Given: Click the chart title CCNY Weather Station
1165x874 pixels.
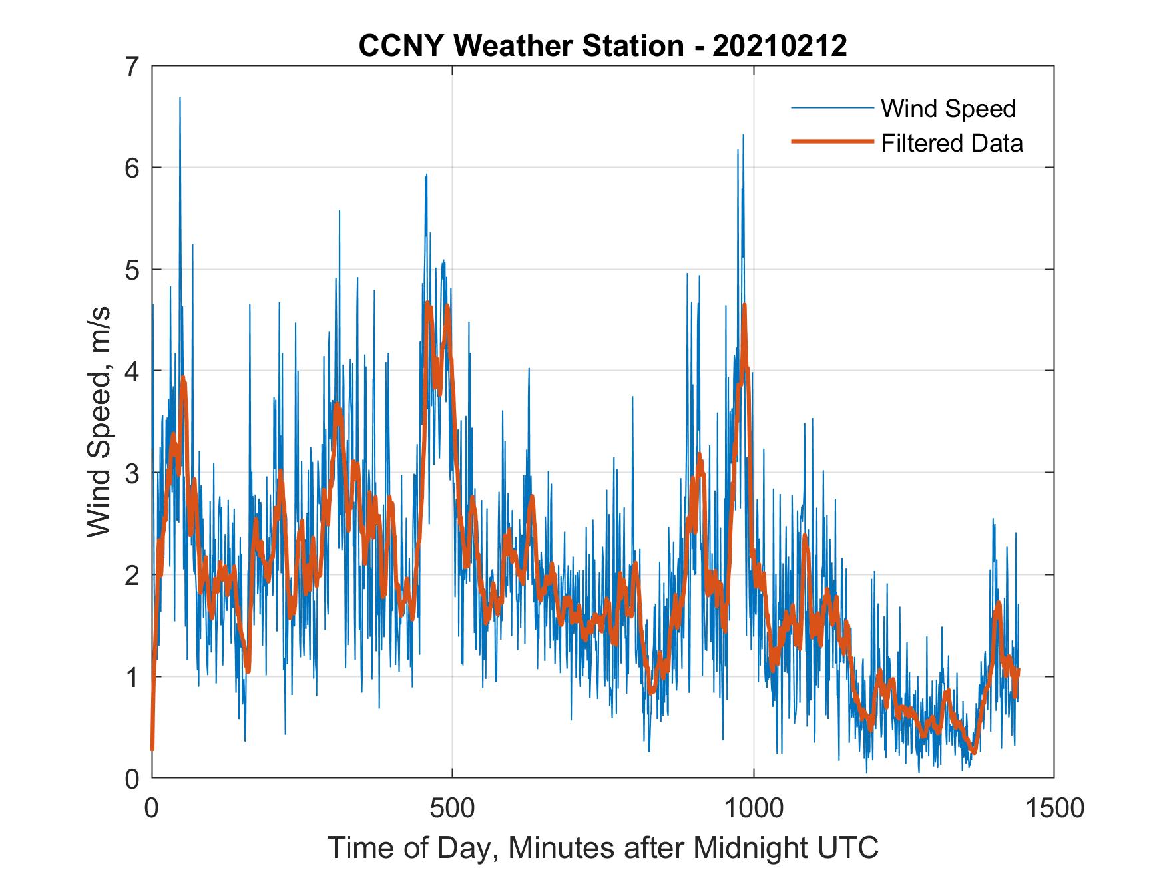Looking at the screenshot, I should [x=521, y=46].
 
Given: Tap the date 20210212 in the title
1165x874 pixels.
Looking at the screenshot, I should [x=780, y=46].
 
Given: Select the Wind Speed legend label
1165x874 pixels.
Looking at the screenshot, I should [x=948, y=109].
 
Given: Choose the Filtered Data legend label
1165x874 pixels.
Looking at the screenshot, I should [x=951, y=143].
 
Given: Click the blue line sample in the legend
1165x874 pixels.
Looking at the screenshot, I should [x=831, y=108].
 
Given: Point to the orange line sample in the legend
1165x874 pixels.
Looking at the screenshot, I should [x=831, y=142].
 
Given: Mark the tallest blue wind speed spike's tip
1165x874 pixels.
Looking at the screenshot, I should [x=180, y=98].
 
